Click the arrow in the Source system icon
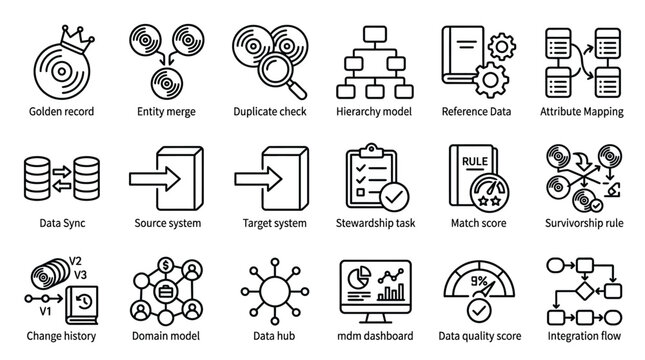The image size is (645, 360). pos(159,178)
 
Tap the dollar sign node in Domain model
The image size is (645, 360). pos(167,267)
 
